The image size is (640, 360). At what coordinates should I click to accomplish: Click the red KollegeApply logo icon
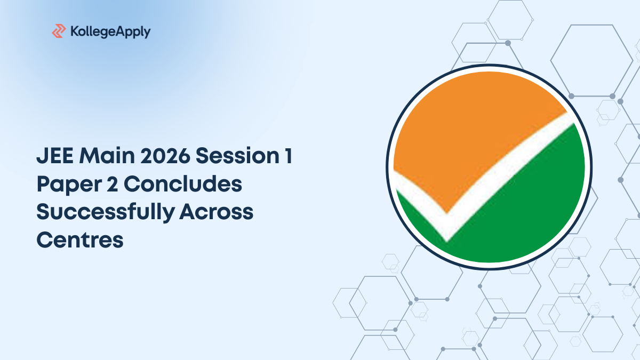tap(59, 31)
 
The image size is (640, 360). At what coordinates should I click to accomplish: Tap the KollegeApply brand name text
tap(110, 31)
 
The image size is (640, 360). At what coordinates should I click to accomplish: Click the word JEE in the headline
tap(55, 156)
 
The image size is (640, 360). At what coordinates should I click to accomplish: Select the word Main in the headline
tap(107, 156)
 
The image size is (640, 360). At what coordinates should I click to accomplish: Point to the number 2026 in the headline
tap(165, 156)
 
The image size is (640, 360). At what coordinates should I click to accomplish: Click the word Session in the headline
tap(237, 156)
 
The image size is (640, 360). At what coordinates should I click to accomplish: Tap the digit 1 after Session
tap(289, 156)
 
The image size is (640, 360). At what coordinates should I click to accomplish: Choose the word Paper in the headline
tap(69, 185)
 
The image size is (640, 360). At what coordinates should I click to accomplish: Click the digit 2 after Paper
tap(113, 184)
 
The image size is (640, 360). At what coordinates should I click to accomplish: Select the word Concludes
tap(183, 184)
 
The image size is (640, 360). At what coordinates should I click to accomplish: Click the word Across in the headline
tap(217, 212)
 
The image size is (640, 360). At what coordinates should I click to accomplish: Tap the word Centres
tap(80, 240)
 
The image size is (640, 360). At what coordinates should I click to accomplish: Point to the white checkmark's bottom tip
tap(446, 242)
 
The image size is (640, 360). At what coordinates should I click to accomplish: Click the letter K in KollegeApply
tap(74, 31)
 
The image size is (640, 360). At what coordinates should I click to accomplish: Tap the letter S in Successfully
tap(43, 212)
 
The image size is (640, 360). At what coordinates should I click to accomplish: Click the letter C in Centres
tap(45, 240)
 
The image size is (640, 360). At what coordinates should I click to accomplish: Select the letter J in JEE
tap(42, 156)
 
